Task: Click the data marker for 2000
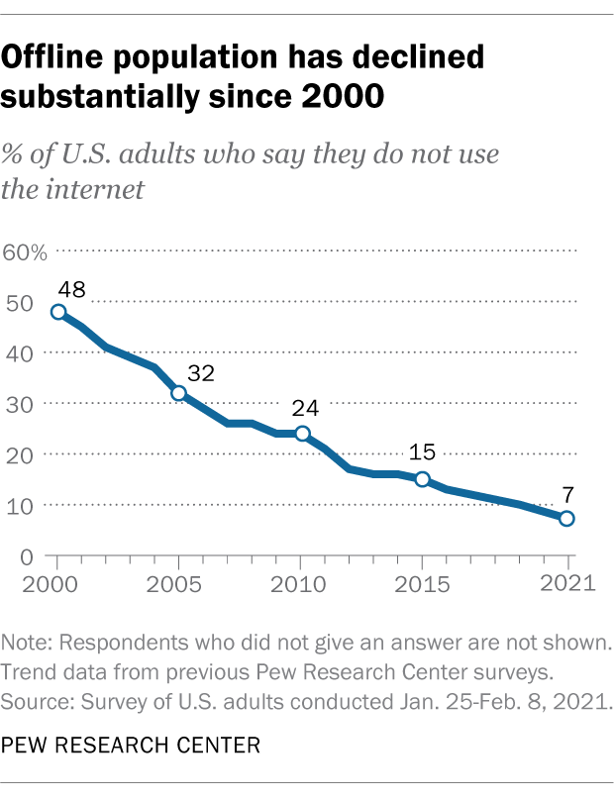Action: tap(58, 312)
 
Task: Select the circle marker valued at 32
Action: tap(179, 393)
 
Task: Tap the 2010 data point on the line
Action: tap(301, 434)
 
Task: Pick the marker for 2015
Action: tap(423, 479)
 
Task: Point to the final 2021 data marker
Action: tap(566, 519)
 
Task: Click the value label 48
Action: tap(71, 290)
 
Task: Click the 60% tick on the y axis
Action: tap(26, 251)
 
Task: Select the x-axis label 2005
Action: tap(179, 582)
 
